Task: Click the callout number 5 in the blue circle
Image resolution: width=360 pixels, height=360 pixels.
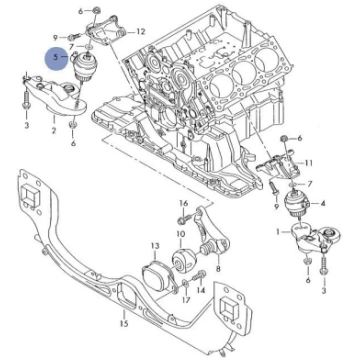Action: [56, 57]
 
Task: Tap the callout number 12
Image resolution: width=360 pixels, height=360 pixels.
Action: [141, 32]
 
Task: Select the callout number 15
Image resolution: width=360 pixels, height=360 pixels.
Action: [124, 323]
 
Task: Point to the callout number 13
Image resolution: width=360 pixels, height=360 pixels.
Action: [155, 246]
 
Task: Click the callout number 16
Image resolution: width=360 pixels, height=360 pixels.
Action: [184, 203]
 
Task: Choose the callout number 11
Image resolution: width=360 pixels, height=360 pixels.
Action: [309, 163]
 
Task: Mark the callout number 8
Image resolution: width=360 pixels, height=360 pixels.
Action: [218, 267]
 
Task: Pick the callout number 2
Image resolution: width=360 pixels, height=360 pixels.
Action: [54, 130]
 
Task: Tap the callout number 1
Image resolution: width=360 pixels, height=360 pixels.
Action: [278, 231]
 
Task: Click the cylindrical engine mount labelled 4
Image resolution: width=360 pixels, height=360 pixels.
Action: [297, 204]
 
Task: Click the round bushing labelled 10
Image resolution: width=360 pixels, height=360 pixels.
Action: [183, 260]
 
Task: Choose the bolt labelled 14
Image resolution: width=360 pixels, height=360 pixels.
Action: [199, 276]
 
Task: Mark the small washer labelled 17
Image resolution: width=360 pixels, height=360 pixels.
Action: [186, 284]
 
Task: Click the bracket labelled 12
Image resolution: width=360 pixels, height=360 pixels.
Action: [106, 31]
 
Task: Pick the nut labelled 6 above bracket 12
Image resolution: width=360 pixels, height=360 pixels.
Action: [95, 10]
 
